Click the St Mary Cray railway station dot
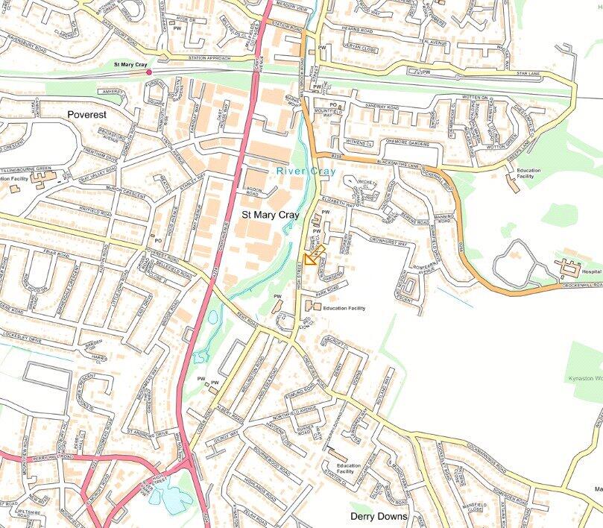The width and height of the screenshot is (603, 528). click(149, 72)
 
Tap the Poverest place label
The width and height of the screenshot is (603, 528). click(87, 115)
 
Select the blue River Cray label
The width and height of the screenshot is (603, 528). click(306, 172)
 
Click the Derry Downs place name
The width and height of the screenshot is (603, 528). click(379, 516)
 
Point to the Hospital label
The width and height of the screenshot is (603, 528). click(590, 272)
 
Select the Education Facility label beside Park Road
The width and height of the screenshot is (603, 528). click(344, 308)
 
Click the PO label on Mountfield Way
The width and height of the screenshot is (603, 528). click(333, 105)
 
